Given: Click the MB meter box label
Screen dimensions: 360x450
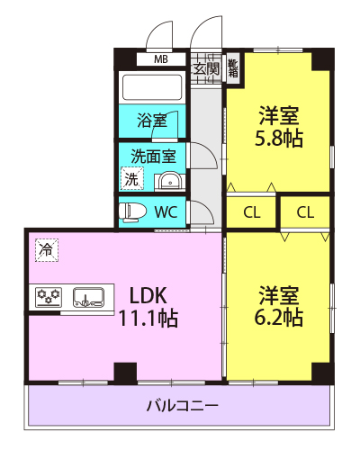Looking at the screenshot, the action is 161,59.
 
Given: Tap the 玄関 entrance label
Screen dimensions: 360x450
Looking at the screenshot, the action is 206,69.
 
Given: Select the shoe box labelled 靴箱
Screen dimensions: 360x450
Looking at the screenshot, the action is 233,67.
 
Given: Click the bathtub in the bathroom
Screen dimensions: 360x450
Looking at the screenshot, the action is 152,87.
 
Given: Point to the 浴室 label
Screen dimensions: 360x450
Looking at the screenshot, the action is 152,121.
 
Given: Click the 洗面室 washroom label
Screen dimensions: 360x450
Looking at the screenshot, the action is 153,157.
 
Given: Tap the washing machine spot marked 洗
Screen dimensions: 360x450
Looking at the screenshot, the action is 132,179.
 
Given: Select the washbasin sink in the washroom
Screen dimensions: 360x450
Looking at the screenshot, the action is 169,182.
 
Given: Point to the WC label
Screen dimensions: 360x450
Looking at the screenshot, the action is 166,212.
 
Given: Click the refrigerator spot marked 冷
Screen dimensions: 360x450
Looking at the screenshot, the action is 47,250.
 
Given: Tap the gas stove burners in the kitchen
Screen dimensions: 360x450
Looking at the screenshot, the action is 49,298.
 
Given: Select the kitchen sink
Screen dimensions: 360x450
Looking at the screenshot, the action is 89,298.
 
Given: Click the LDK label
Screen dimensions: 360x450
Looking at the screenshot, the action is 148,295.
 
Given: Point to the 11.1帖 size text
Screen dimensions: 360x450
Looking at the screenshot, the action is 148,318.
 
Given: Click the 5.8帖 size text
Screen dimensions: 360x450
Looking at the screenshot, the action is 279,139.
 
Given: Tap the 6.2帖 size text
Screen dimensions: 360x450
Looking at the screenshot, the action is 279,317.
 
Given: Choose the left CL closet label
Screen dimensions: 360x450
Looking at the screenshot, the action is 252,212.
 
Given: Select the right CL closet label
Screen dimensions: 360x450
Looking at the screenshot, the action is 305,212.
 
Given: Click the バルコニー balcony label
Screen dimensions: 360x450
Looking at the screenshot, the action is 183,406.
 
